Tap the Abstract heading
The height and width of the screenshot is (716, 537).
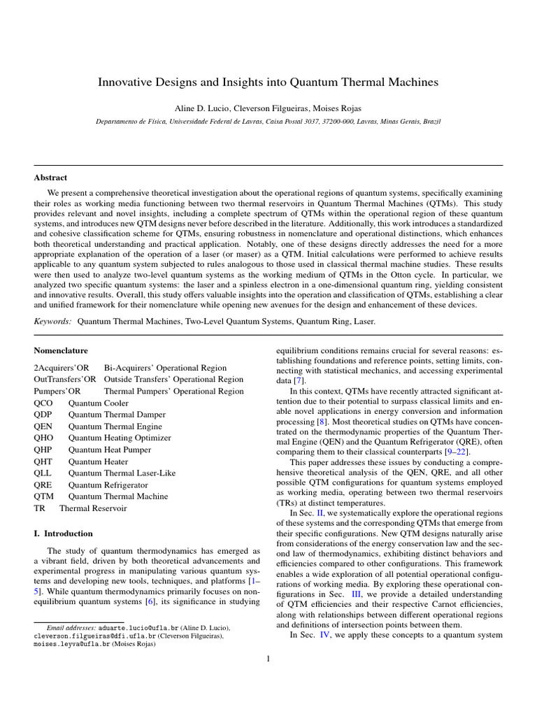(50, 178)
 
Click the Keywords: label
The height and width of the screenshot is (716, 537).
(53, 321)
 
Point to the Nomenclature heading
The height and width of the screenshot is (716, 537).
(61, 350)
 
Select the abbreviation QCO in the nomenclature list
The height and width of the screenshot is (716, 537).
(43, 403)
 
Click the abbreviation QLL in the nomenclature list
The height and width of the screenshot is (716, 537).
(43, 473)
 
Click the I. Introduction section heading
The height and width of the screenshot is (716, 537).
(63, 534)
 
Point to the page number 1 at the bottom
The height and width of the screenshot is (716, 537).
(268, 657)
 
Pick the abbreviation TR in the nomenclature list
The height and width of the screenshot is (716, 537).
(39, 508)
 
